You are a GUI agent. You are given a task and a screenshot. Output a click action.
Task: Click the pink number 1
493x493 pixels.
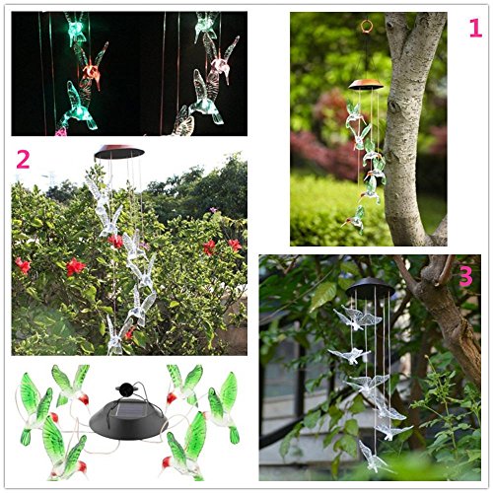pos(475,29)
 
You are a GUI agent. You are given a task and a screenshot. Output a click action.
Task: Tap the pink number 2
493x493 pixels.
pos(23,159)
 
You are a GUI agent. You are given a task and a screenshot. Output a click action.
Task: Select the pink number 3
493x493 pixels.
pos(465,276)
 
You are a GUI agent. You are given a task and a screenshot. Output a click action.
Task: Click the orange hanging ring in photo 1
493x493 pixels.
pos(366,27)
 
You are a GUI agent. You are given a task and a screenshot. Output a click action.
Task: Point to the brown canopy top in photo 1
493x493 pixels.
pos(366,85)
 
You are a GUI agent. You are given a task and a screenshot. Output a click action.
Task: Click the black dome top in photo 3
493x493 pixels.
pos(370,287)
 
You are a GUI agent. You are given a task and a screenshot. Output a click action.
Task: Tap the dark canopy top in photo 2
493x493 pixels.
pos(119,152)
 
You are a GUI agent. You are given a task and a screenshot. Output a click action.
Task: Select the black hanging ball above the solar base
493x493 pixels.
pos(125,389)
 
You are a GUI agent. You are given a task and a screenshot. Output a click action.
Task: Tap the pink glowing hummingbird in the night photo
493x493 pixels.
pos(222,62)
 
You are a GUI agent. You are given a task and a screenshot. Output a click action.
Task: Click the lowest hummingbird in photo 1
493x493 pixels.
pos(354,219)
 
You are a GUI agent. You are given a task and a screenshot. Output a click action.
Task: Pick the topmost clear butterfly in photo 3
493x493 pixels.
pos(358,317)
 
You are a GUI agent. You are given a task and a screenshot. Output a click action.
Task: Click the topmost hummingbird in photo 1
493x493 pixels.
pos(353,114)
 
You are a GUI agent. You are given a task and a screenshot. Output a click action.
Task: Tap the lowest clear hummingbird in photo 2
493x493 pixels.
pos(114,337)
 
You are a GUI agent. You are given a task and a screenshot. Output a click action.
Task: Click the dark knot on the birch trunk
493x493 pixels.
pos(393,106)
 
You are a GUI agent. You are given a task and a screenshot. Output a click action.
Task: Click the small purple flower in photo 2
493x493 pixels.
pos(213,209)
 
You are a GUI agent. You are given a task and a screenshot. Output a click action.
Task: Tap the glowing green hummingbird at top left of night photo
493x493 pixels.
pos(75,29)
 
